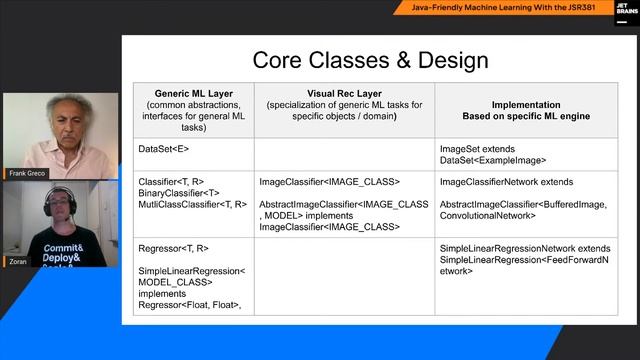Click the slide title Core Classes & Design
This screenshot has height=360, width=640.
[x=370, y=60]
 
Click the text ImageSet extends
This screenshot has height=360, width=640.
[x=476, y=149]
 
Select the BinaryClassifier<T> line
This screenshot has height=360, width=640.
[x=179, y=193]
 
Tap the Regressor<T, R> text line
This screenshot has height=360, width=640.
[x=174, y=248]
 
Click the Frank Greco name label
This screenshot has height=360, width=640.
[x=27, y=173]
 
